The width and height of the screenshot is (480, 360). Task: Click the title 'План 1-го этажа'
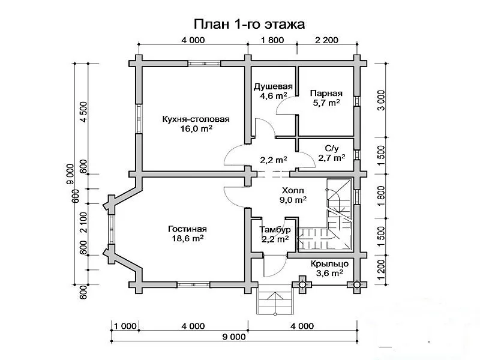click(x=249, y=24)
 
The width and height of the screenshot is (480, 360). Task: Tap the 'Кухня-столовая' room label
click(x=196, y=119)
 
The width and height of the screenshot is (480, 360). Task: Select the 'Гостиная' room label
click(x=187, y=229)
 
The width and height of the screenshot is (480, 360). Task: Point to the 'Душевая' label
click(x=273, y=86)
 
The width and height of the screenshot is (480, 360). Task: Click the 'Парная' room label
click(x=326, y=93)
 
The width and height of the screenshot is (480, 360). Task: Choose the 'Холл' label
click(x=293, y=191)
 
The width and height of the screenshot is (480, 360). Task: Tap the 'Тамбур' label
click(x=275, y=230)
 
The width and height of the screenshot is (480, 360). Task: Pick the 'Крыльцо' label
click(x=329, y=263)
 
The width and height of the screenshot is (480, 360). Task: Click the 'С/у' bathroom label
click(x=332, y=149)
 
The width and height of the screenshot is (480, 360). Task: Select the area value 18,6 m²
click(x=188, y=238)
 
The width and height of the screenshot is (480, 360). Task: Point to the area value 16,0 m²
click(x=196, y=128)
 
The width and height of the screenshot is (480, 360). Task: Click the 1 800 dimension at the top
click(x=272, y=40)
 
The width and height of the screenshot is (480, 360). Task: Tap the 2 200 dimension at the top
click(x=326, y=40)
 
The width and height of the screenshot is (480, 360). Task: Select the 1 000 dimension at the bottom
click(x=125, y=326)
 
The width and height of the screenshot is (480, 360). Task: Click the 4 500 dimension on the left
click(x=83, y=112)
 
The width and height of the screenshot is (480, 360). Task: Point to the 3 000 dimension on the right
click(x=381, y=100)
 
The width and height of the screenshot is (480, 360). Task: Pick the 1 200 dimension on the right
click(x=381, y=269)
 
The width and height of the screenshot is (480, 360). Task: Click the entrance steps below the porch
click(x=276, y=299)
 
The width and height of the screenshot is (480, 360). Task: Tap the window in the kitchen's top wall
click(x=204, y=64)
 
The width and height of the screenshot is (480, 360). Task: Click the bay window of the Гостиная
click(x=112, y=230)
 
